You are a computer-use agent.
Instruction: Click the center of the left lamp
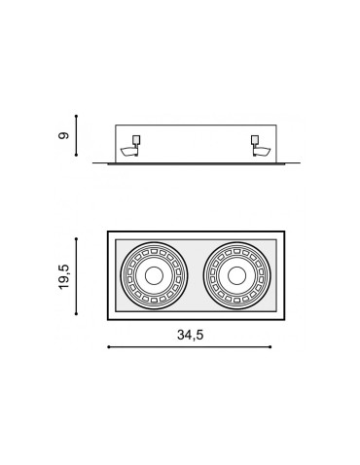pos(153,275)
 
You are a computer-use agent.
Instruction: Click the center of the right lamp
pos(236,275)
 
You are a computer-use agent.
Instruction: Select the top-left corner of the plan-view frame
pos(107,232)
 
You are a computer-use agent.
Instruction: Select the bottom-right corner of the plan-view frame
pos(284,318)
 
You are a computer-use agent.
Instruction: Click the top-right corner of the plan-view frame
pos(284,232)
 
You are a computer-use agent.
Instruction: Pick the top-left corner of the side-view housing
pos(116,125)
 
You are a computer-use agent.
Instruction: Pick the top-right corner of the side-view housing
pos(275,125)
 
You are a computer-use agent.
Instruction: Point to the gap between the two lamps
pos(195,275)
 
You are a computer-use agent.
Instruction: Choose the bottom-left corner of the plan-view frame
pos(107,318)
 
